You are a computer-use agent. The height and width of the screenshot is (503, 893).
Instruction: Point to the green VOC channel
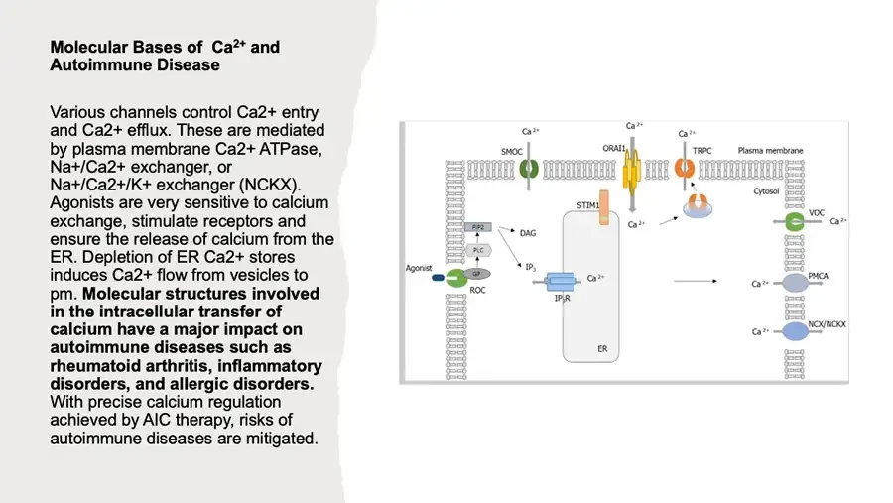point(794,222)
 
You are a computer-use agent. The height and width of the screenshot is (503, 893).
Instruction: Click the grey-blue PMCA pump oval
point(795,284)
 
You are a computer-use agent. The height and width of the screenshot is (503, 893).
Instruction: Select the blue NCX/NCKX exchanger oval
point(795,331)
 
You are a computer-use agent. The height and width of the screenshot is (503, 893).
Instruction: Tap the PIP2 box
point(477,228)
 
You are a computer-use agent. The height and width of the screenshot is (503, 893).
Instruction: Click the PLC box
point(477,250)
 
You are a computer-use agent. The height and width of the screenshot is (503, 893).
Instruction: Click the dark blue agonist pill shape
point(438,279)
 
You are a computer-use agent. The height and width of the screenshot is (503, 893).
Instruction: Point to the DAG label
point(528,233)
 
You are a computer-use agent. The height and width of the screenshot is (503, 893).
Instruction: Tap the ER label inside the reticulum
point(602,350)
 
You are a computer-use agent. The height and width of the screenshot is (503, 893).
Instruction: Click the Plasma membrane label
point(770,151)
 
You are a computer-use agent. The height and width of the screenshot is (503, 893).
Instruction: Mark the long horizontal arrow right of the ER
point(694,283)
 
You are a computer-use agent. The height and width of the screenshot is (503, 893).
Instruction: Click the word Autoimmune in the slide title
point(92,65)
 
